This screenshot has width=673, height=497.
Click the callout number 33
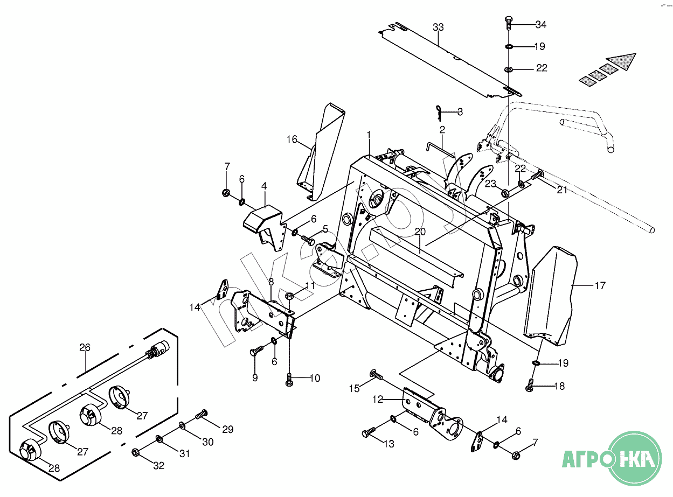pos(438,27)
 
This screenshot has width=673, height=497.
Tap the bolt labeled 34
pos(509,23)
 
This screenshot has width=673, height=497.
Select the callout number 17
pos(600,285)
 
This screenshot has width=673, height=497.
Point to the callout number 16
pos(292,139)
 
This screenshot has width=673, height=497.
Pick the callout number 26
pos(85,347)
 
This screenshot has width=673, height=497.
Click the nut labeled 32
pos(136,452)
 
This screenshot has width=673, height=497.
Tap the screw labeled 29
pos(201,414)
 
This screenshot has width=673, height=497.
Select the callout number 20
pos(420,232)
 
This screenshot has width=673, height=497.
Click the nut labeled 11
pos(289,295)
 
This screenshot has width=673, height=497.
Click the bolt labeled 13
pos(369,431)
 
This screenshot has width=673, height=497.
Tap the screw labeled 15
pos(376,375)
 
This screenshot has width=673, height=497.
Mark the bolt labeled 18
pos(530,385)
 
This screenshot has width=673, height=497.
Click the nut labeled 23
pos(505,193)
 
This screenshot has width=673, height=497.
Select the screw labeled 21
pos(537,175)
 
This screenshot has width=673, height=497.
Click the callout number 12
pos(378,400)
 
